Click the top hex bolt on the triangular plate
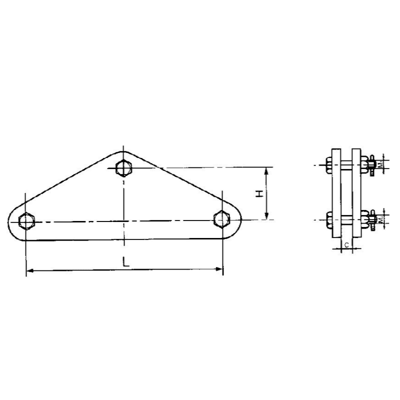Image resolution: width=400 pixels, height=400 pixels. (123, 168)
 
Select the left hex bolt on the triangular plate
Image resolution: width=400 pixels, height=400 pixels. (25, 220)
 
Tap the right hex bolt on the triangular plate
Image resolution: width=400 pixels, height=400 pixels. (220, 218)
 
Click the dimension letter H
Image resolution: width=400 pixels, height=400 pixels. (259, 193)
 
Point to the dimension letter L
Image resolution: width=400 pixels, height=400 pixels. (124, 260)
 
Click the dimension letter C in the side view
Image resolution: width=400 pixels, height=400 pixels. (346, 245)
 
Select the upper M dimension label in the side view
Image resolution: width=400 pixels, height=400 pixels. (380, 164)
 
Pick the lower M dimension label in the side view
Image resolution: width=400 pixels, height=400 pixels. (380, 219)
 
